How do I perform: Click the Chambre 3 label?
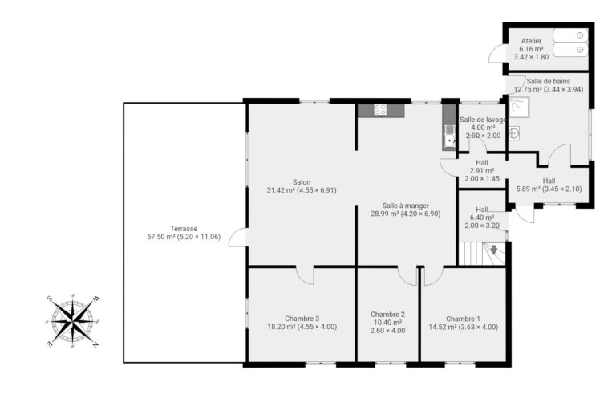302,323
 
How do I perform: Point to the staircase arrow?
493,250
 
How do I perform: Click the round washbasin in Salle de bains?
515,134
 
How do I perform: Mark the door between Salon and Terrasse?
238,238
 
